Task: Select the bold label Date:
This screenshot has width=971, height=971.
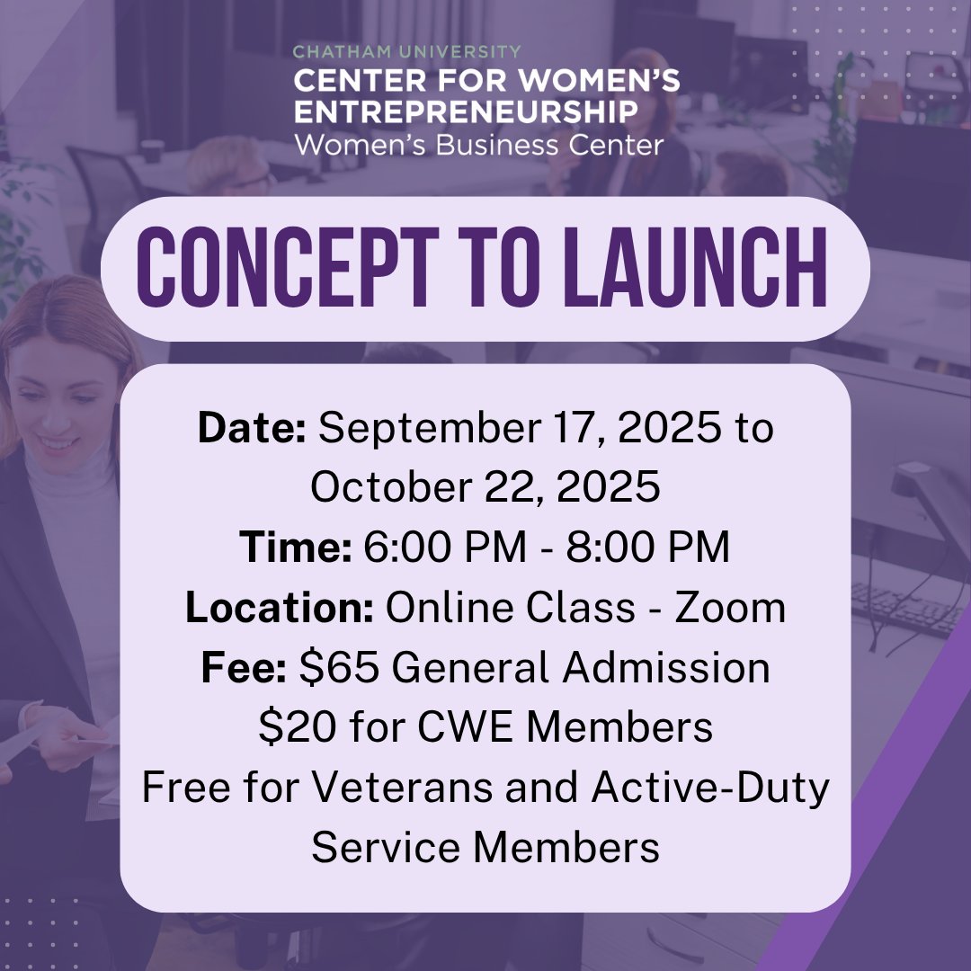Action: click(x=253, y=428)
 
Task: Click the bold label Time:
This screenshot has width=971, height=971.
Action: click(x=295, y=548)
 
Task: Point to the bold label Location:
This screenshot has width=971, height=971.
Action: click(x=280, y=609)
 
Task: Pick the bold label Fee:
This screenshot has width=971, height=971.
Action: click(x=244, y=668)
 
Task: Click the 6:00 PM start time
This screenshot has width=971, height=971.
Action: click(x=445, y=548)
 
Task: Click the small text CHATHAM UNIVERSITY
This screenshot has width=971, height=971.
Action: click(x=406, y=52)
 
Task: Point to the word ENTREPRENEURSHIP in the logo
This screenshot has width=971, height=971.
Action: click(x=466, y=112)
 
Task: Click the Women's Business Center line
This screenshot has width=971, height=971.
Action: click(x=478, y=144)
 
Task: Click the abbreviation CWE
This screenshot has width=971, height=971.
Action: click(x=466, y=727)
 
